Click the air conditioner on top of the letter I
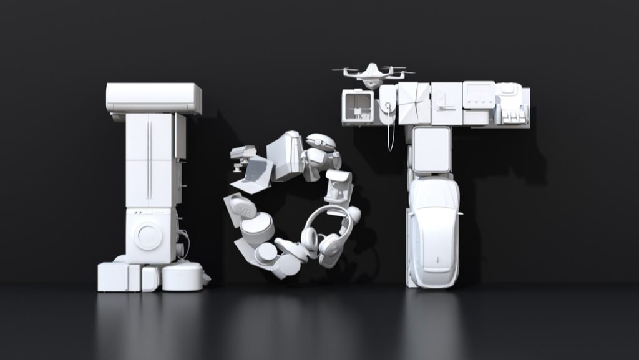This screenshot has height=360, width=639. click(x=154, y=98)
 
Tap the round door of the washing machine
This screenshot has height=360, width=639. click(x=148, y=236)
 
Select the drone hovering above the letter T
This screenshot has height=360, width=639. click(x=372, y=74)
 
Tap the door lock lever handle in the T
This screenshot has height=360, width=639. click(x=444, y=108)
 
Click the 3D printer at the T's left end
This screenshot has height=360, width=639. click(x=358, y=107)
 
